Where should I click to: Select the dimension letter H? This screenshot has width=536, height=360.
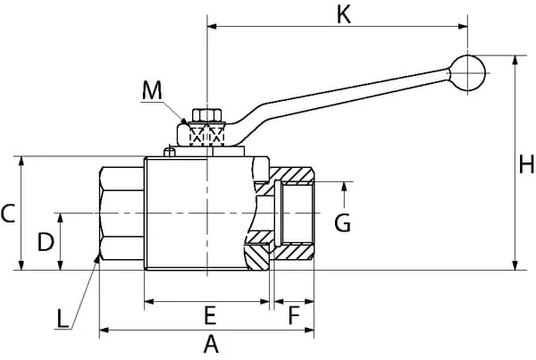pyautogui.click(x=527, y=164)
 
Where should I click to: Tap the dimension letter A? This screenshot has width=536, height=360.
pyautogui.click(x=211, y=344)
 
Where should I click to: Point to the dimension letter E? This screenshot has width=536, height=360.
pyautogui.click(x=210, y=315)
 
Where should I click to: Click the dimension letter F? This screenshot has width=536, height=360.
pyautogui.click(x=293, y=315)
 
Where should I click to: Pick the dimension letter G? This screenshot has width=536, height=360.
pyautogui.click(x=343, y=222)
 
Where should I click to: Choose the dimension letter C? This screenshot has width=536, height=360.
pyautogui.click(x=8, y=213)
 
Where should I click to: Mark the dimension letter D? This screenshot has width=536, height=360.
pyautogui.click(x=44, y=240)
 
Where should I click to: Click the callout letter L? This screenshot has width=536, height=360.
pyautogui.click(x=61, y=317)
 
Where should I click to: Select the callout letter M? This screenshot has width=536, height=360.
pyautogui.click(x=153, y=90)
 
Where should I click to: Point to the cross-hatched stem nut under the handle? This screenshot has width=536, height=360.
pyautogui.click(x=207, y=136)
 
